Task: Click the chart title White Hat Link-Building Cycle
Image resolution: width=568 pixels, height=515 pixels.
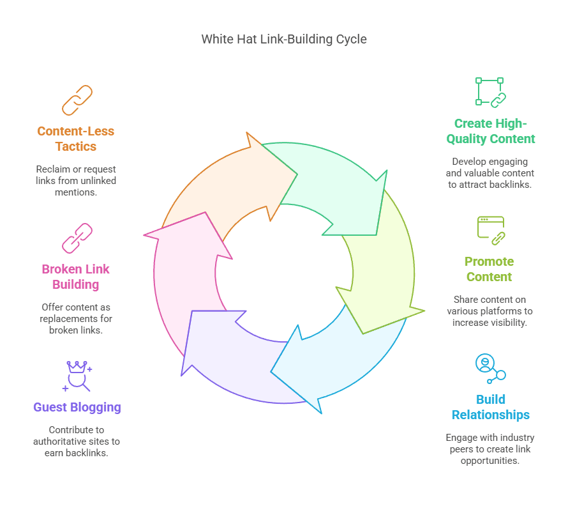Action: click(284, 39)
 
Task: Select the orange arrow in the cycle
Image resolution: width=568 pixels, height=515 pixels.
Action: click(217, 185)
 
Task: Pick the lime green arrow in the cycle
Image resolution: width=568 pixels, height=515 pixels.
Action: click(380, 268)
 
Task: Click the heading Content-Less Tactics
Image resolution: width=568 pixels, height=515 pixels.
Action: click(76, 139)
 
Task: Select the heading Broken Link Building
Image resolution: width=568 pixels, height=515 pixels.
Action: click(76, 276)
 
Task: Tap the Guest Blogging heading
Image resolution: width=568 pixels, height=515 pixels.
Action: click(77, 407)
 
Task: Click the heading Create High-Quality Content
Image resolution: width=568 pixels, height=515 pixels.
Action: click(491, 131)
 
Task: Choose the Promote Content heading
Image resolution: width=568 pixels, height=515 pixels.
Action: click(490, 269)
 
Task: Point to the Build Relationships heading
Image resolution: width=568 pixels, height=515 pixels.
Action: click(491, 407)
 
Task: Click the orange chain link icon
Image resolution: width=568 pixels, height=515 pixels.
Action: click(77, 100)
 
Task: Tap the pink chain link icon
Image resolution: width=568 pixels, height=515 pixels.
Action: click(77, 238)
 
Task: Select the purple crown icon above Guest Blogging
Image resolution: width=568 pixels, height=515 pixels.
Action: click(78, 375)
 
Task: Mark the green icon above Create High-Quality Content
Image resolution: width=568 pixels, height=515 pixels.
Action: click(490, 92)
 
